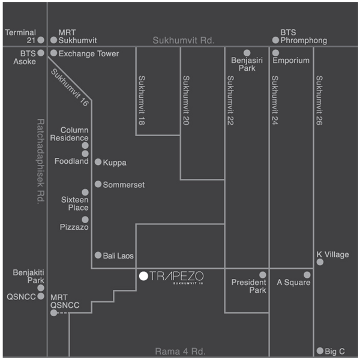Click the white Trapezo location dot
(143, 276)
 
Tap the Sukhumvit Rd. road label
(184, 40)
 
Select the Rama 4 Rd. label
(180, 352)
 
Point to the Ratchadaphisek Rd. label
(40, 161)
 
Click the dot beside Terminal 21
(41, 40)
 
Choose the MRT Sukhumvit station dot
(54, 40)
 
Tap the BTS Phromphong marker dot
(275, 40)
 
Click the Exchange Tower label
(89, 54)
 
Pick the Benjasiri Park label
(247, 64)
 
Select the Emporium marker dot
(275, 53)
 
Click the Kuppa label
(115, 163)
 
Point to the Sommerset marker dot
(98, 184)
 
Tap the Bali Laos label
(118, 256)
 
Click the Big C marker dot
(320, 350)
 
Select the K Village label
(332, 254)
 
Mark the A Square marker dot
(307, 275)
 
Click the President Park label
(249, 286)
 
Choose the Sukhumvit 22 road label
(230, 101)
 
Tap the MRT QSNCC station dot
(54, 313)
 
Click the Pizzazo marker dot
(85, 220)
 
